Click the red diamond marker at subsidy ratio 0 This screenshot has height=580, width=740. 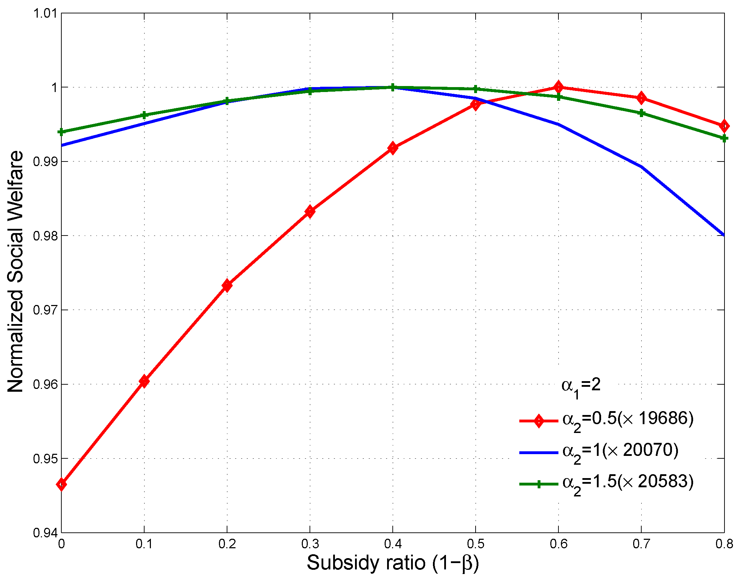61,484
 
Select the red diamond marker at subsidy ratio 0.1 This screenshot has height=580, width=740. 144,381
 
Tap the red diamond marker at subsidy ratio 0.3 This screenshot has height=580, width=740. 310,212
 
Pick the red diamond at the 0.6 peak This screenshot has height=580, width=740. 558,87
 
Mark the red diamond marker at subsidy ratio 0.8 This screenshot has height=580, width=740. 724,126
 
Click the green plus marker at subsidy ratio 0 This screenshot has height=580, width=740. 61,132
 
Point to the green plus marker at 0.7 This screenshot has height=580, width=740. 641,113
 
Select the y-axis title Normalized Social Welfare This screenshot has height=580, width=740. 16,271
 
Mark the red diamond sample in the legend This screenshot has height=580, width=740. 539,421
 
